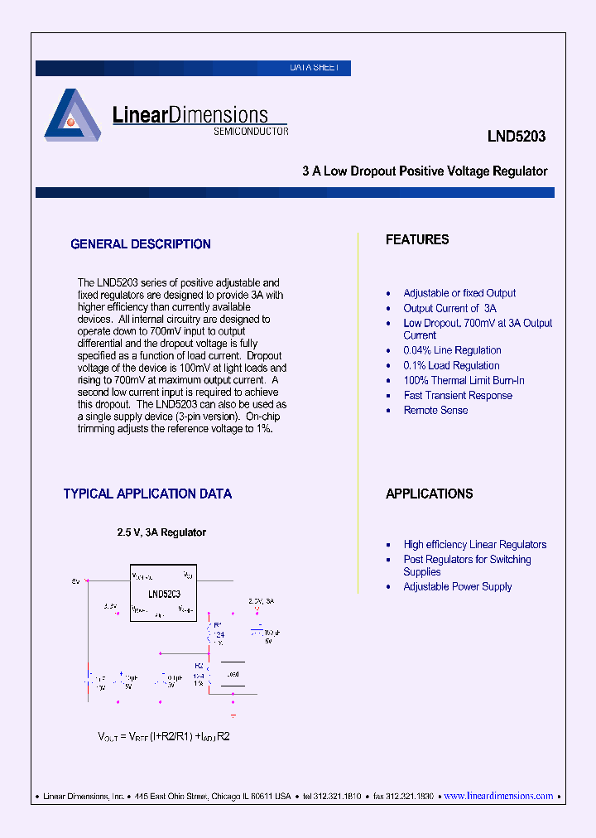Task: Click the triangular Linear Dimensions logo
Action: coord(72,115)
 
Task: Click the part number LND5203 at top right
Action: coord(516,137)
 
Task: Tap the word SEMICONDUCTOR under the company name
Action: coord(251,132)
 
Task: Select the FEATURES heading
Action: coord(417,239)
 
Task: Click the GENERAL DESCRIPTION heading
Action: coord(141,244)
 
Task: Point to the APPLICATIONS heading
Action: coord(429,494)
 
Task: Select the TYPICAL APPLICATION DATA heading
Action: coord(147,494)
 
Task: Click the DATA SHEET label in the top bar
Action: coord(315,68)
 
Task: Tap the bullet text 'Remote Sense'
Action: coord(435,410)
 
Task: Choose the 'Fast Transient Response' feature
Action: coord(458,395)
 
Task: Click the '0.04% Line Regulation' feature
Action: coord(452,350)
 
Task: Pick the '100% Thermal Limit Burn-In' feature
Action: coord(464,380)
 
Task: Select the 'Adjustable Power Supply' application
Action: coord(458,586)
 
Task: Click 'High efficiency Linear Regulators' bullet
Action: coord(474,544)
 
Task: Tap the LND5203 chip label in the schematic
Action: coord(164,595)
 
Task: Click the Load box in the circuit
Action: coord(233,674)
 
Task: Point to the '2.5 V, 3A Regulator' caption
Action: coord(161,532)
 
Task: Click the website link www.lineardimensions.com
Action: coord(498,796)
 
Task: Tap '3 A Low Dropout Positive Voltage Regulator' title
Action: coord(425,171)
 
